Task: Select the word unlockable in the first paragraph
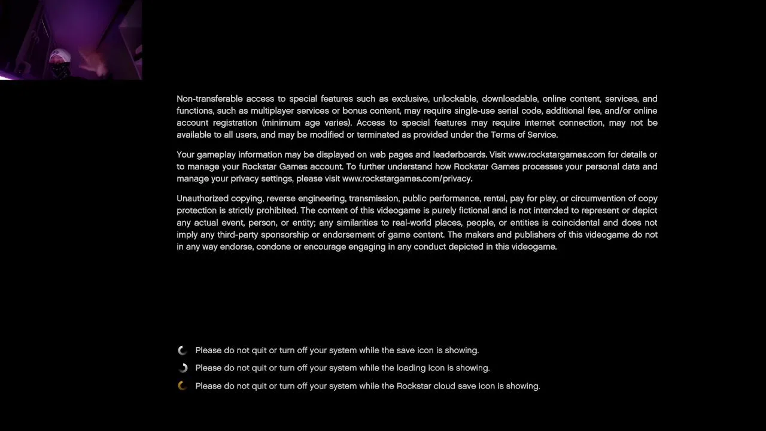click(455, 99)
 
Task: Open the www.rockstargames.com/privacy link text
click(406, 178)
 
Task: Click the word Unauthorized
click(203, 198)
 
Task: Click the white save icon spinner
click(183, 350)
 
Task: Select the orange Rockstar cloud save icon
click(183, 386)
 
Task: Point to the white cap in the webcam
click(60, 56)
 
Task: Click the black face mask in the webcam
click(60, 71)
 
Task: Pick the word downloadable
click(509, 99)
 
